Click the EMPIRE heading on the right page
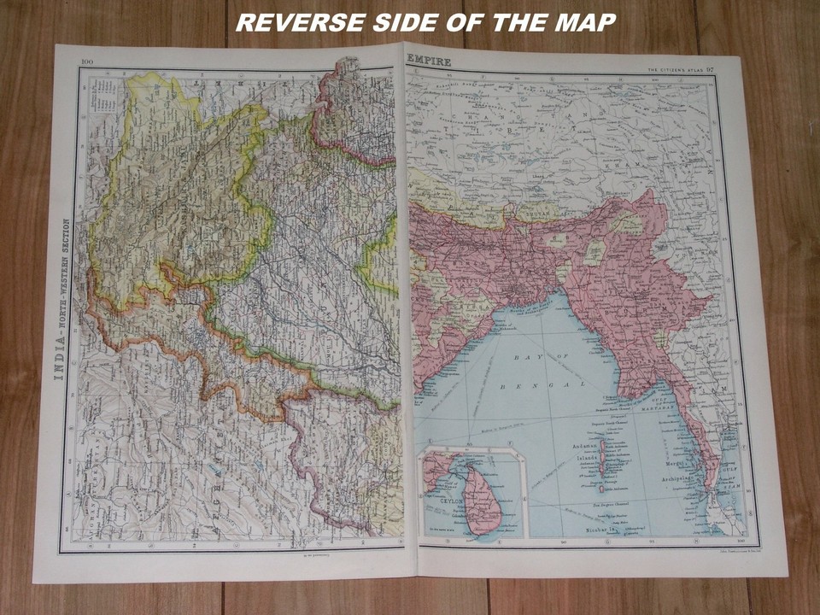[430, 61]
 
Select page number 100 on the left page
[87, 61]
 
